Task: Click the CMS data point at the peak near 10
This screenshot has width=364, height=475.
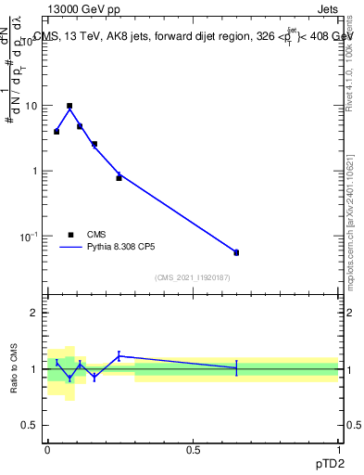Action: [x=69, y=106]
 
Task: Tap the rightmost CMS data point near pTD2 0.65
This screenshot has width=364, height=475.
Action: [x=236, y=252]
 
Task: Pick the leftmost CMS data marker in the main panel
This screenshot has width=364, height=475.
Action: [x=56, y=132]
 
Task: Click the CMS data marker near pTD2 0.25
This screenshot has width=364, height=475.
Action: [x=119, y=177]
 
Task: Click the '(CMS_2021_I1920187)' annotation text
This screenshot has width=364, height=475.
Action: [x=192, y=276]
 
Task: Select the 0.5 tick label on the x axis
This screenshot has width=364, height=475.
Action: [x=192, y=447]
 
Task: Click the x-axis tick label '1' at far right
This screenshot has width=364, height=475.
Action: [x=338, y=447]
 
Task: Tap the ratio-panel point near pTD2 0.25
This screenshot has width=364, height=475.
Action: [x=119, y=355]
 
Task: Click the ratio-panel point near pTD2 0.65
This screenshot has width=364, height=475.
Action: [x=236, y=368]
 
